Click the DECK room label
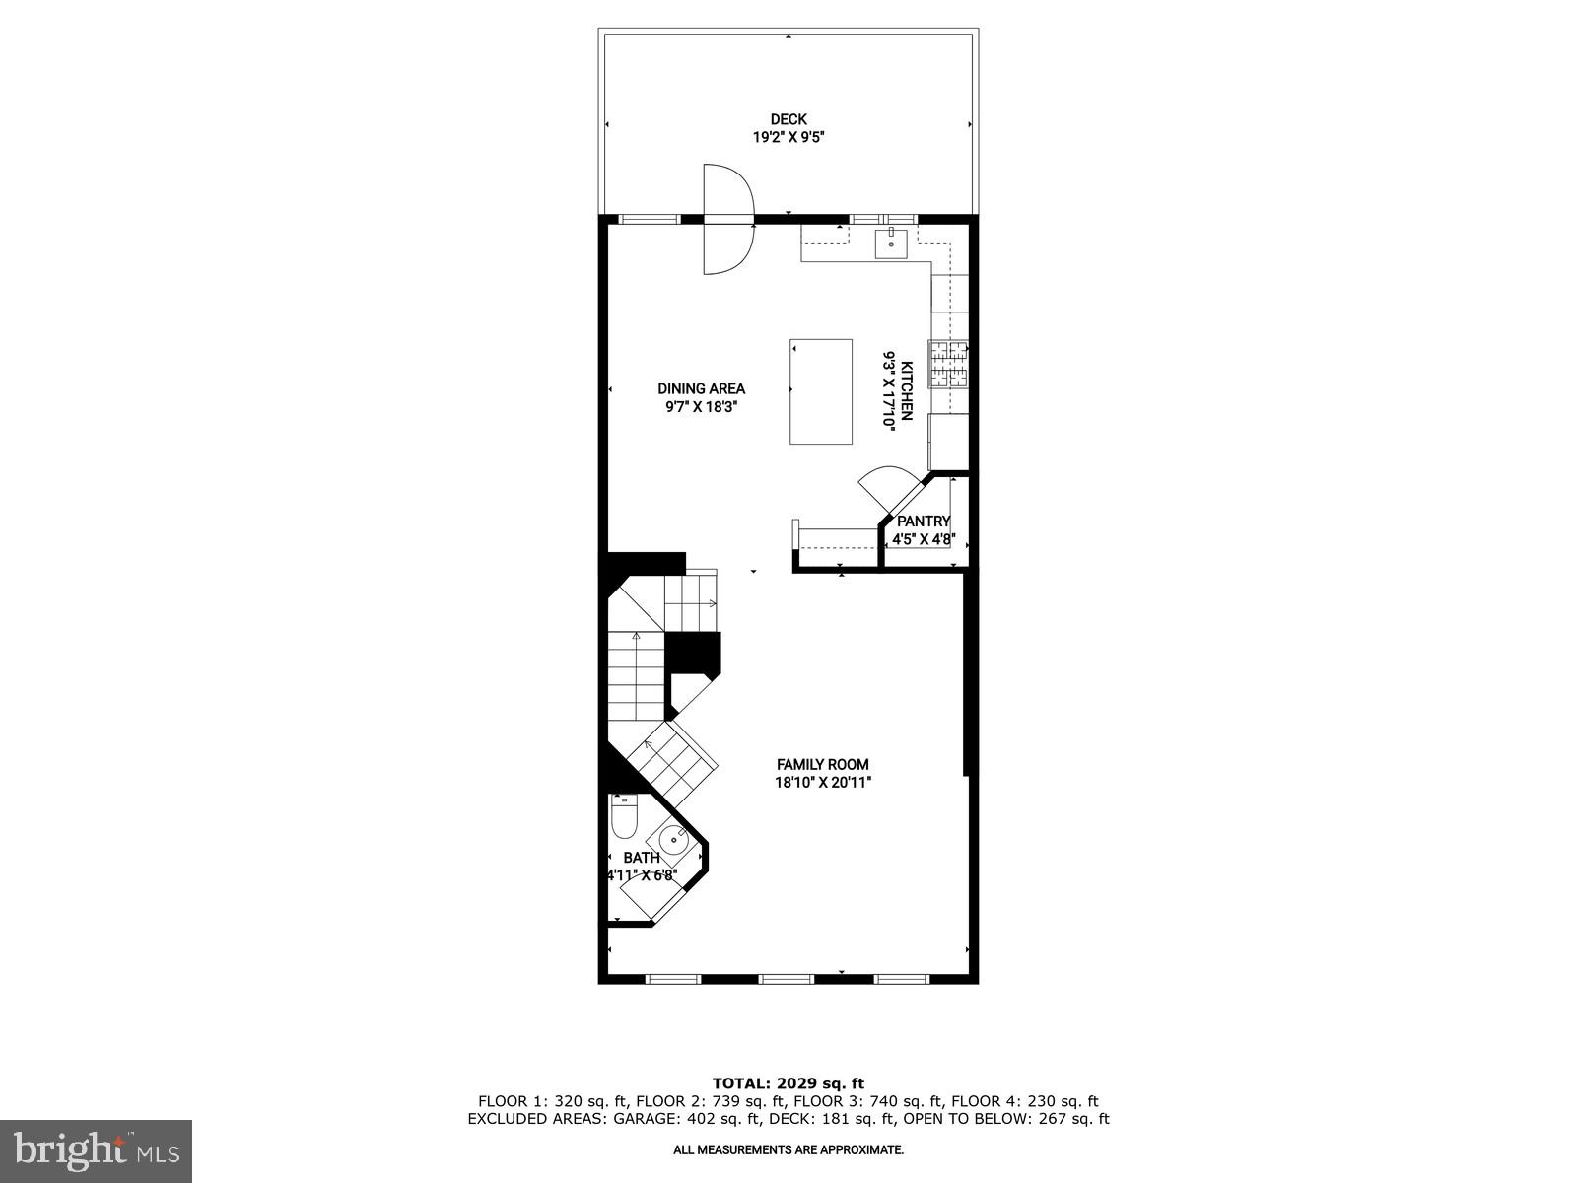tap(788, 120)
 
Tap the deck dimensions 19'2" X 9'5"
tap(788, 138)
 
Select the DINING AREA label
tap(701, 388)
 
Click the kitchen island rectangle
tap(821, 391)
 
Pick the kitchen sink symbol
tap(891, 242)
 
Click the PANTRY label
tap(924, 522)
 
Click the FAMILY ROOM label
tap(823, 764)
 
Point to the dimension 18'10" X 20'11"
tap(823, 783)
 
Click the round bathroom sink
tap(674, 843)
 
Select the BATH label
tap(642, 858)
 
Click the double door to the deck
tap(727, 219)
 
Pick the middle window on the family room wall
tap(787, 979)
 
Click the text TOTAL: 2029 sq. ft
tap(788, 1083)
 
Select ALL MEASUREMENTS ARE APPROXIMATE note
tap(788, 1149)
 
